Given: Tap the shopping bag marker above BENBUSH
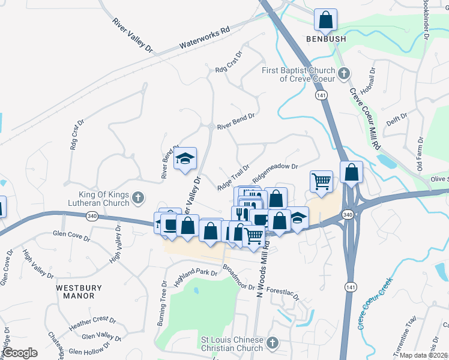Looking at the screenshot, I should tap(325, 20).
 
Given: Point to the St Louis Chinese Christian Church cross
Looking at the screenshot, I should tap(272, 343).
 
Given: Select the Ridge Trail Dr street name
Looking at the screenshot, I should tap(234, 178).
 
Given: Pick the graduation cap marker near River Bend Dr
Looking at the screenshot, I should tap(185, 159).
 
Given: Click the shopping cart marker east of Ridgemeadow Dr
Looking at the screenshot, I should tap(322, 181).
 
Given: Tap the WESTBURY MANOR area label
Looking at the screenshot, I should tap(76, 292).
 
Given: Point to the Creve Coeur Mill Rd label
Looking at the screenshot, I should tap(364, 119).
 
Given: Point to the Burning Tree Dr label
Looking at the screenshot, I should tap(161, 303).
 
